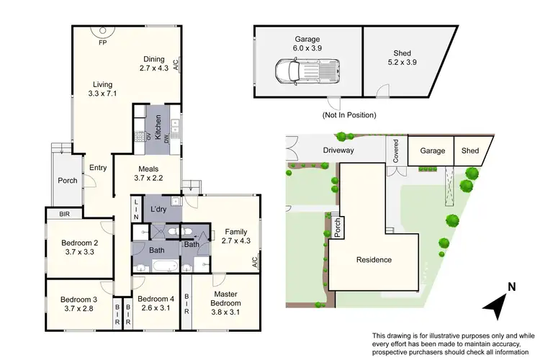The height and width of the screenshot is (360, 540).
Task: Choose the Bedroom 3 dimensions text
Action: (78, 308)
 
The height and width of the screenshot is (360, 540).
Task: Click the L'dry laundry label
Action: (159, 208)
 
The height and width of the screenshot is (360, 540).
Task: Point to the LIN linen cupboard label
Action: (136, 209)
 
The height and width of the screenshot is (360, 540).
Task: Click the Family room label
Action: (235, 232)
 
